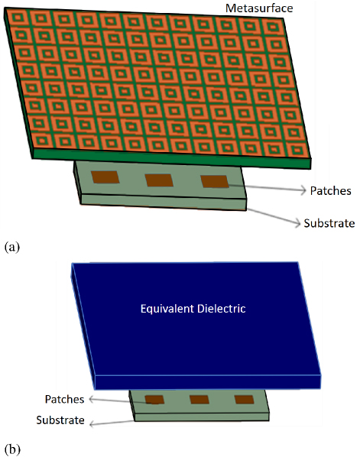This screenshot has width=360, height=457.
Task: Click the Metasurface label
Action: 259,8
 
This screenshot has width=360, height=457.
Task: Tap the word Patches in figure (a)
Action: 330,191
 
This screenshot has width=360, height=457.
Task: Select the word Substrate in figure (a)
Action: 329,223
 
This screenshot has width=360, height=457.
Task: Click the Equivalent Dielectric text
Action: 193,309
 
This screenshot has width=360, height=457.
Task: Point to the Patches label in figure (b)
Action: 64,399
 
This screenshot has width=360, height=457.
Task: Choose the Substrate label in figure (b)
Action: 60,420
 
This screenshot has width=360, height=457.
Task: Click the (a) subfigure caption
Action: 12,247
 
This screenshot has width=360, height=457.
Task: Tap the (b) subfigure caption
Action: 12,449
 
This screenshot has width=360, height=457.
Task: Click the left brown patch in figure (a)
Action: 105,177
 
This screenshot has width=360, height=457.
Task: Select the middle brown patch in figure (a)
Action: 159,180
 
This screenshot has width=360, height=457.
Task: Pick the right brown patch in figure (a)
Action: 215,182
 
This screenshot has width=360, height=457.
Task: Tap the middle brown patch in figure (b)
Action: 199,400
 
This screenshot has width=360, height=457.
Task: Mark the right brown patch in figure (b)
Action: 245,400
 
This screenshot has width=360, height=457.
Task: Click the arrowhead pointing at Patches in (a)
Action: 303,190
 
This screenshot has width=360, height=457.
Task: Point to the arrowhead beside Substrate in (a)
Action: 297,223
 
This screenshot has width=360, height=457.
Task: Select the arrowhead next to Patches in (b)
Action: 91,399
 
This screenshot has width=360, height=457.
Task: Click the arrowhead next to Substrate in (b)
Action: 92,424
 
